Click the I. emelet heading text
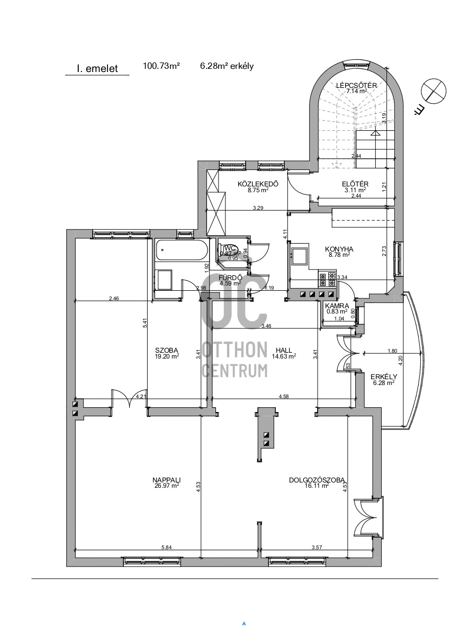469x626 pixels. coord(97,68)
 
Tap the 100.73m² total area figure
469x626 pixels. coord(161,66)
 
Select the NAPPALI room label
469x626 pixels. coord(167,480)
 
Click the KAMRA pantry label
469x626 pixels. coord(337,306)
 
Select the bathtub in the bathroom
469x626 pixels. coord(182,250)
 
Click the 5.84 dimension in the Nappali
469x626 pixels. coord(167,547)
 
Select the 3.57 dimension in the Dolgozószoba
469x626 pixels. coord(317,547)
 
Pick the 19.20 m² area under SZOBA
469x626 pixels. coord(167,356)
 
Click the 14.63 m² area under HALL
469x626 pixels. coord(284,356)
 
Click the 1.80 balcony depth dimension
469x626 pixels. coord(392,351)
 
